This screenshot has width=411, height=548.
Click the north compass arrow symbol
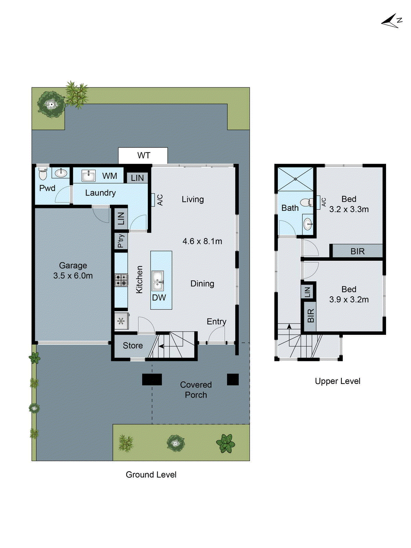point(391,21)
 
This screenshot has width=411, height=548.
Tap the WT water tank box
point(143,155)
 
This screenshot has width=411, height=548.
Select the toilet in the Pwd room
point(43,174)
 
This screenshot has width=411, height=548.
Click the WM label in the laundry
point(110,176)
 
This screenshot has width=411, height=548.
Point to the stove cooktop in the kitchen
point(121,280)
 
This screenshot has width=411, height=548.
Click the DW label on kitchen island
point(159,298)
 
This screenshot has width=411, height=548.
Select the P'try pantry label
point(121,241)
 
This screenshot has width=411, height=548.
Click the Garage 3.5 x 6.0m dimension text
point(73,276)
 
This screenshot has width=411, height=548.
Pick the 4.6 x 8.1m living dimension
point(202,241)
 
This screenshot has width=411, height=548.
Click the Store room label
point(133,346)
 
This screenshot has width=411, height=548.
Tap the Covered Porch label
point(196,390)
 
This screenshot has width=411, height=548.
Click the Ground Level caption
point(151,475)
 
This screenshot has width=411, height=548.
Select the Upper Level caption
point(337,381)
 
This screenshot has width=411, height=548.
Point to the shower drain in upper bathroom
point(296,179)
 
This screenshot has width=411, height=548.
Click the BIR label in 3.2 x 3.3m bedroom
point(358,251)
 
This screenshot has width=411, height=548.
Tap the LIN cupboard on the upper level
point(308,292)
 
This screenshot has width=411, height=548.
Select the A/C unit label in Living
point(160,200)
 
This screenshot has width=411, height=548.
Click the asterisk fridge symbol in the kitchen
point(121,321)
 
